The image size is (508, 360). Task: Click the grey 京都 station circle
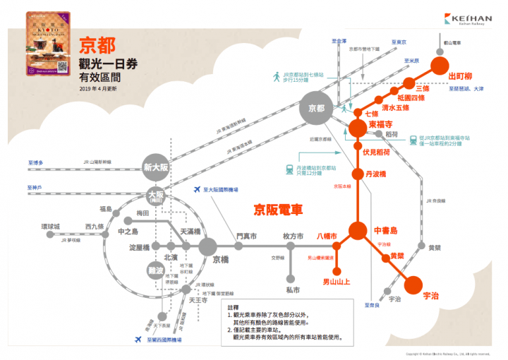click(x=315, y=108)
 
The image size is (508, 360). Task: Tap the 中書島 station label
click(x=387, y=230)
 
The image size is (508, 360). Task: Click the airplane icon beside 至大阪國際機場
click(x=196, y=189)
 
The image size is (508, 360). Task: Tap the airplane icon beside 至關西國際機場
click(x=138, y=340)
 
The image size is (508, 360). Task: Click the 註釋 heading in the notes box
click(x=234, y=308)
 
